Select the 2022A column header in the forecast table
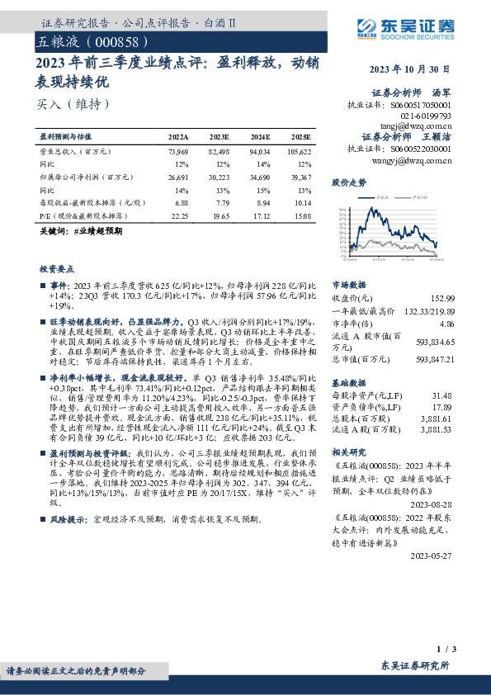[178, 136]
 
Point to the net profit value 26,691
[178, 177]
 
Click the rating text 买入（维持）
[73, 104]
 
